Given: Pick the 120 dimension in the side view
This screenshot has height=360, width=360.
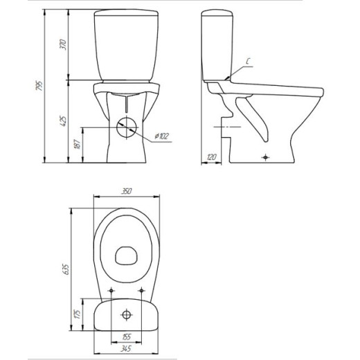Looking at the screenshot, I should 211,158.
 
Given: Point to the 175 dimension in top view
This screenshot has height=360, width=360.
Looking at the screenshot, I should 79,314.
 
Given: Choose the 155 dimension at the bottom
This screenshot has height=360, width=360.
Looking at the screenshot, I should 127,336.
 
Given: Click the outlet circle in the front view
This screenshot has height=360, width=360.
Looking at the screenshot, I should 127,128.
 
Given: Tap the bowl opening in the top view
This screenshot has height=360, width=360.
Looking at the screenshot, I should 127,257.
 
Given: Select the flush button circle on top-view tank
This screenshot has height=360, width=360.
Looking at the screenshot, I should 127,315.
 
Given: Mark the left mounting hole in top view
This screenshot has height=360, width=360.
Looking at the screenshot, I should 111,289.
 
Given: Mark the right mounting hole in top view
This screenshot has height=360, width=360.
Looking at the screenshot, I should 143,289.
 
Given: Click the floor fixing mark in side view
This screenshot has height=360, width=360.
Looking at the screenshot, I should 267,157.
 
